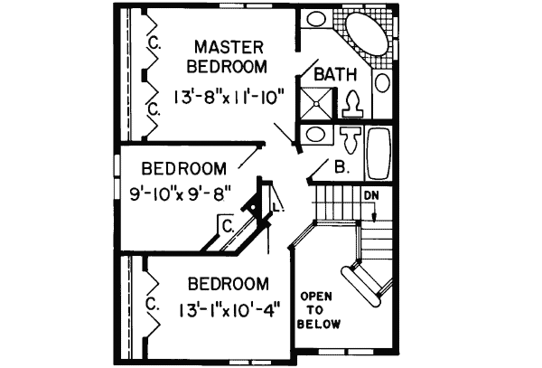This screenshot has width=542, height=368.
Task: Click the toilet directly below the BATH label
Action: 352,103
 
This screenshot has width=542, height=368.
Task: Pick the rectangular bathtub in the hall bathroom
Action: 378,154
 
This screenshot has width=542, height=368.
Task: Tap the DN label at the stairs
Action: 371,194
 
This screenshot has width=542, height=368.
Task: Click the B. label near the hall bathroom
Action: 341,167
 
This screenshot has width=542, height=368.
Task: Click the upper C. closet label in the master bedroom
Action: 154,42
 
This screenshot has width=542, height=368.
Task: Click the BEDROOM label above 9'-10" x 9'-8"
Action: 183,168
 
